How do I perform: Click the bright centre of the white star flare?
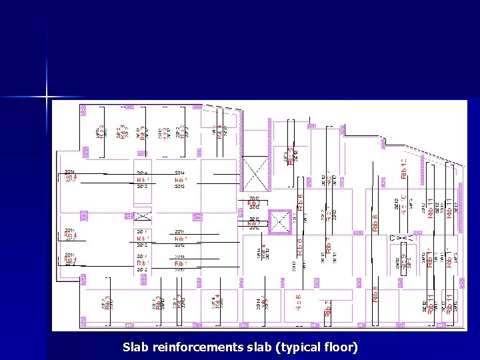point(48,97)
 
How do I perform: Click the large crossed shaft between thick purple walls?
point(254,174)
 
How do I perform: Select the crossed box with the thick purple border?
point(280,222)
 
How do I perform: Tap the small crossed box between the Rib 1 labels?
point(143,216)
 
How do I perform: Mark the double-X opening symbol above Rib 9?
point(403,237)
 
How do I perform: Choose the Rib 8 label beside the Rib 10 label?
point(375,222)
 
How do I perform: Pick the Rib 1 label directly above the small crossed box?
point(143,180)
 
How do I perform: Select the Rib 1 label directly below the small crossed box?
point(143,238)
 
